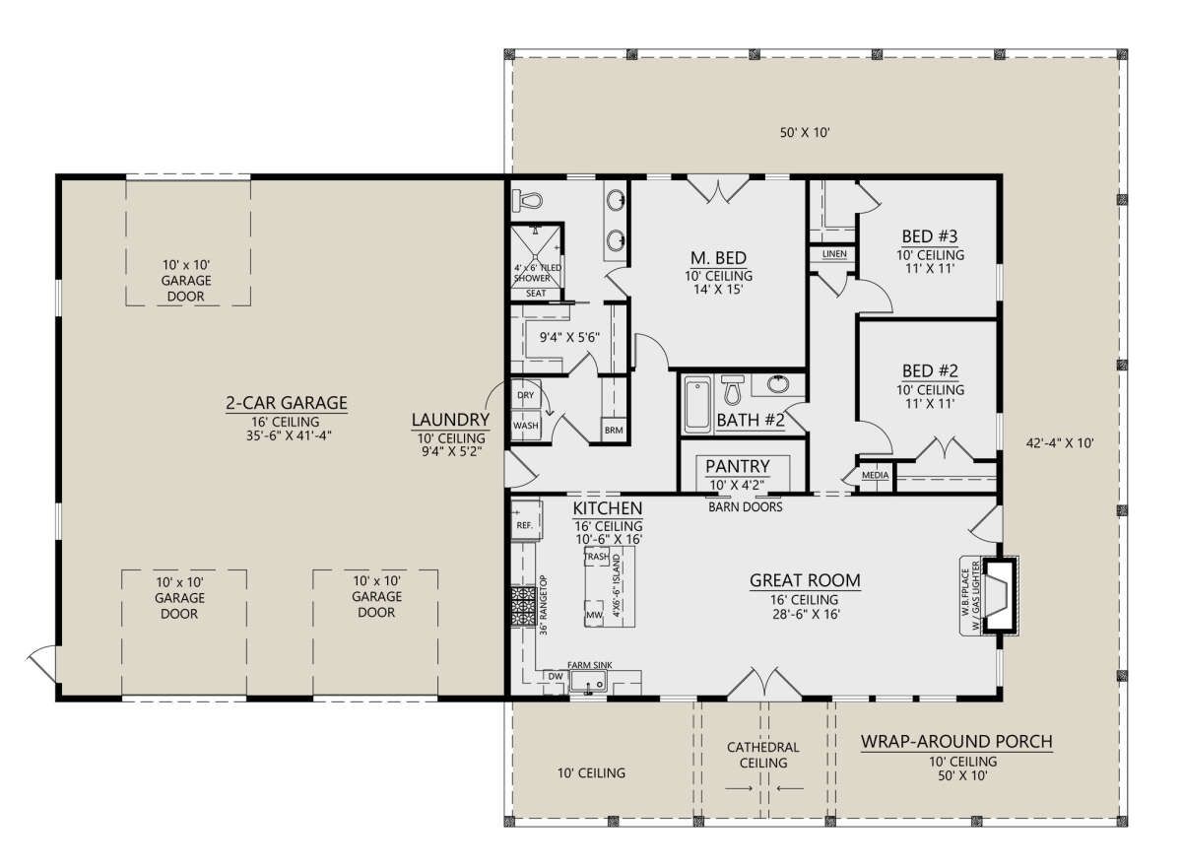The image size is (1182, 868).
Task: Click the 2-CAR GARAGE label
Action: tap(287, 403)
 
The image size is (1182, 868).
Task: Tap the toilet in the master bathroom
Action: tap(528, 201)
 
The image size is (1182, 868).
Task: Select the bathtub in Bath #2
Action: tap(697, 404)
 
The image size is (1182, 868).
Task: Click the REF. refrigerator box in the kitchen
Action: tap(526, 520)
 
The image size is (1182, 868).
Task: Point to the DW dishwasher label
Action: tap(556, 677)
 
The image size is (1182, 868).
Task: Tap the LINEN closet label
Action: tap(835, 254)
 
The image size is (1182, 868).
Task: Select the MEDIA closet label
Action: tap(875, 475)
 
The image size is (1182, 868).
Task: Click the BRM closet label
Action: tap(614, 430)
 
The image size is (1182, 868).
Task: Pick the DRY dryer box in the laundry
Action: tap(526, 394)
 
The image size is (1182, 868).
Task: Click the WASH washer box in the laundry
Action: tap(526, 425)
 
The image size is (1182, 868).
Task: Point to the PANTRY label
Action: tap(737, 466)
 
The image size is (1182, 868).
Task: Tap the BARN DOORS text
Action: tap(745, 507)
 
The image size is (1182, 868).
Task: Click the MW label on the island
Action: tap(594, 615)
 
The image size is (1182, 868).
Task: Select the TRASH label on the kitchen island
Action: tap(597, 556)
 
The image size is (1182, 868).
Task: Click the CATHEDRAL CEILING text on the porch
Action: tap(763, 755)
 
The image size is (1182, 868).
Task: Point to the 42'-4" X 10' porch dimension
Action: tap(1060, 443)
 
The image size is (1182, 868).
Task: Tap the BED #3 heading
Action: tap(930, 236)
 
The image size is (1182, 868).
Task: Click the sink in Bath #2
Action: tap(778, 384)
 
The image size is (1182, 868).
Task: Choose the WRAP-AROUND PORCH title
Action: tap(956, 742)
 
